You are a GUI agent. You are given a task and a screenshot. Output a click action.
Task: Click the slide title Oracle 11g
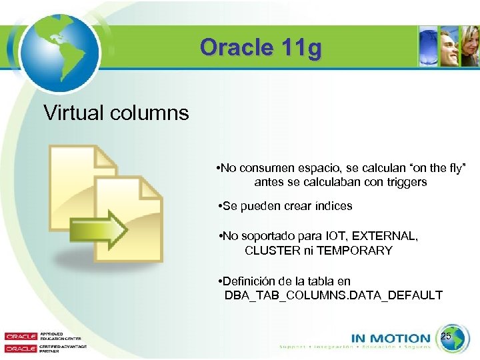pyautogui.click(x=261, y=48)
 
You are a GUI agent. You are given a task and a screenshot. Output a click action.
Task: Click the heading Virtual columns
pyautogui.click(x=116, y=112)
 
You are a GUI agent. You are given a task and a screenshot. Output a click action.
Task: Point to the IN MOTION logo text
pyautogui.click(x=391, y=339)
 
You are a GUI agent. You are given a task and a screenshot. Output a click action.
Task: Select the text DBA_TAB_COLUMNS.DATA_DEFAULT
pyautogui.click(x=333, y=295)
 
